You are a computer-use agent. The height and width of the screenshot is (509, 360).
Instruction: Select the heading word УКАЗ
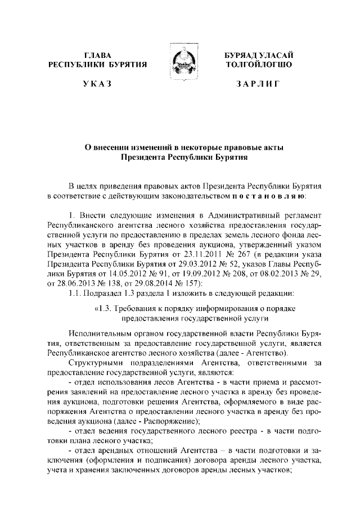[x=97, y=84]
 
